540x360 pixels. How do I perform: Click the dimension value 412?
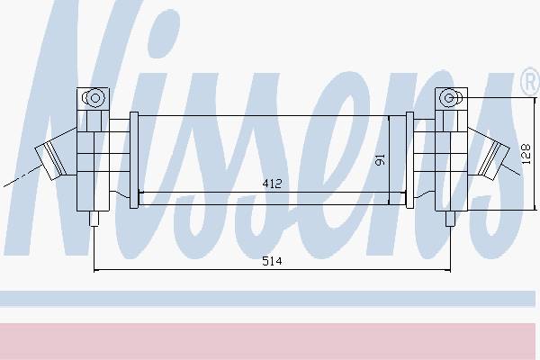point(272,184)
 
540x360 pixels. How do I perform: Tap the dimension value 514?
point(272,261)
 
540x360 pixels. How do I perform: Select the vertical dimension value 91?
point(380,159)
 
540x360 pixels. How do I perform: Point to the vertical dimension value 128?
point(526,154)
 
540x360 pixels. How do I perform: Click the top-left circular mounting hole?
point(95,98)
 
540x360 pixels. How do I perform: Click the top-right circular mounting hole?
point(448,98)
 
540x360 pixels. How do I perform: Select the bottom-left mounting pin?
point(94,219)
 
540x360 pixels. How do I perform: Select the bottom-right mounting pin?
point(450,219)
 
